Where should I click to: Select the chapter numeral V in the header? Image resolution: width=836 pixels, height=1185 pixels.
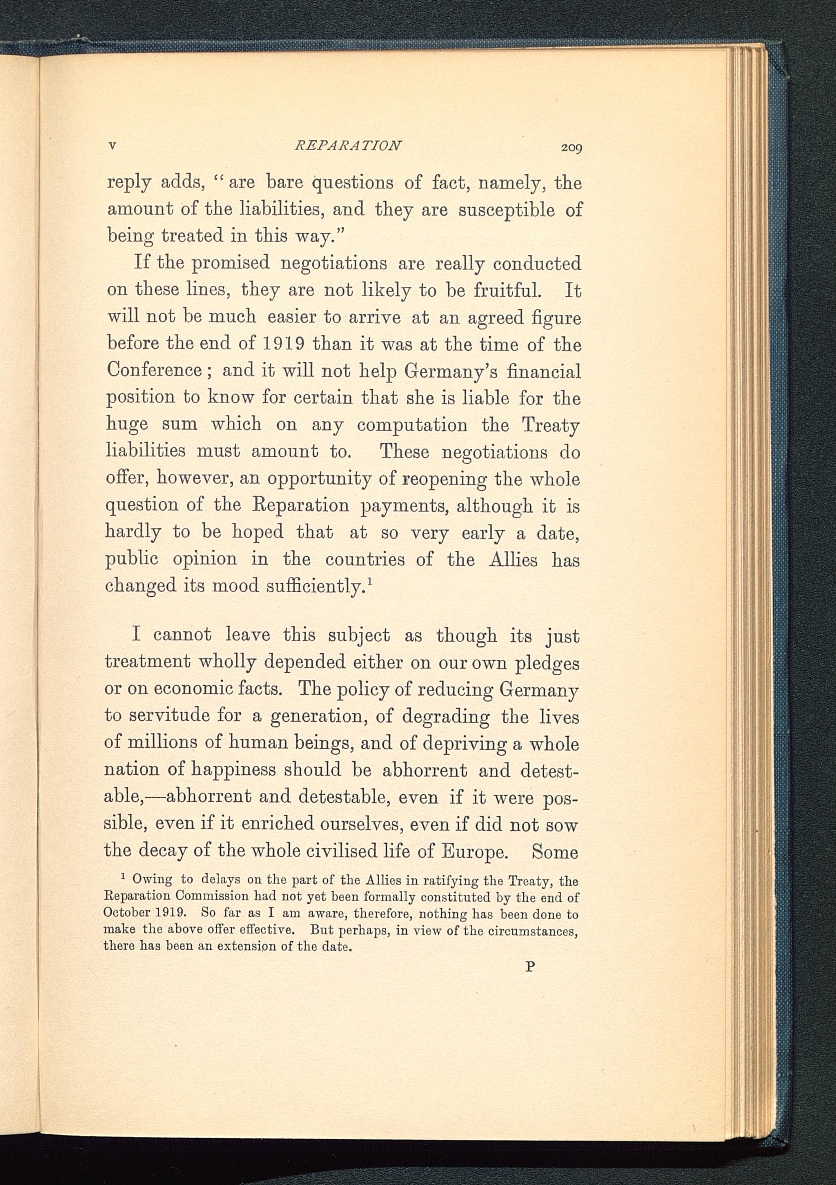pyautogui.click(x=112, y=146)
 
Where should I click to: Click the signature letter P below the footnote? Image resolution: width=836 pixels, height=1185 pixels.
pyautogui.click(x=529, y=967)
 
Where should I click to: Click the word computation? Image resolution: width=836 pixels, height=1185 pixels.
pyautogui.click(x=412, y=425)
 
